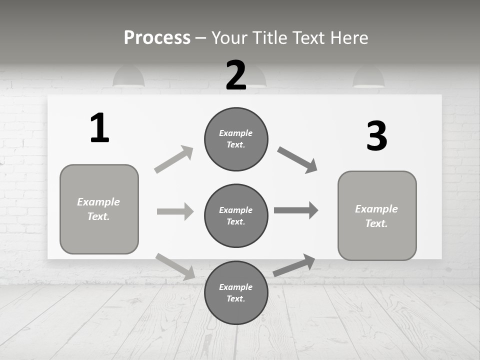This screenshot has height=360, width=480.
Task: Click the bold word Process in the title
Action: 157,37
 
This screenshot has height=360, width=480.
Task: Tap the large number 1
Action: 99,128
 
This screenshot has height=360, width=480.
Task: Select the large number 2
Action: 236,75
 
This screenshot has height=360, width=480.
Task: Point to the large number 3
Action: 376,136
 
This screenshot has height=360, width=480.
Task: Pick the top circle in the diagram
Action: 236,139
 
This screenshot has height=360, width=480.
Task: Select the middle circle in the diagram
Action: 236,215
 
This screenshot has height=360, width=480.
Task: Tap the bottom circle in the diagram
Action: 236,292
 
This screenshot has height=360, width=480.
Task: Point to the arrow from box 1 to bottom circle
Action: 175,266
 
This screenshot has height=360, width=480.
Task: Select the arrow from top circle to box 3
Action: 297,160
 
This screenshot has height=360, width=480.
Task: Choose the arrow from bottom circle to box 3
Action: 294,265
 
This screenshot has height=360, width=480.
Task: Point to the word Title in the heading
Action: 271,37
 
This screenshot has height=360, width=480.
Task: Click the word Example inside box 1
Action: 98,202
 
